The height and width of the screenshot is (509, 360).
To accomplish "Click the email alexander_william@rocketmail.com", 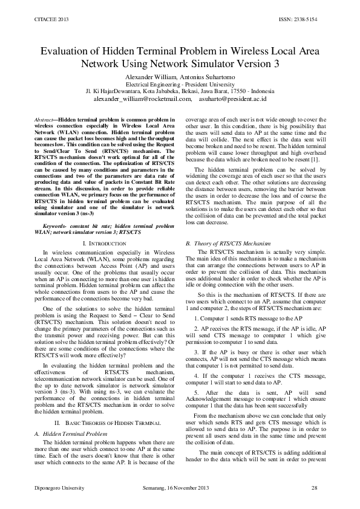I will [143, 97].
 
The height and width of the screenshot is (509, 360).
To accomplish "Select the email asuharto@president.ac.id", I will [241, 97].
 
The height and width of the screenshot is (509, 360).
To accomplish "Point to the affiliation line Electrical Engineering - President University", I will [180, 84].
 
